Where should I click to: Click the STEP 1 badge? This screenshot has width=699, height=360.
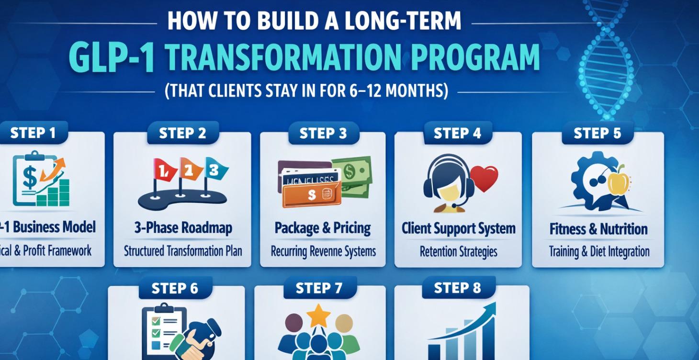[33, 133]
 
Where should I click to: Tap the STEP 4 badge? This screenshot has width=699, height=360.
[457, 133]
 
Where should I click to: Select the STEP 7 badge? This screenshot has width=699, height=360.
[319, 288]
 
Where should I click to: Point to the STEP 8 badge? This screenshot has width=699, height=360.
[457, 288]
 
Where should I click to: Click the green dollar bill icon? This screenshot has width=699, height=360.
[352, 174]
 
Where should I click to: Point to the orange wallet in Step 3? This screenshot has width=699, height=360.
[311, 193]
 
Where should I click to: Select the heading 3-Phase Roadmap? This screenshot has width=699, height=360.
[182, 228]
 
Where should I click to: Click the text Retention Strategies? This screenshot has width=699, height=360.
[458, 251]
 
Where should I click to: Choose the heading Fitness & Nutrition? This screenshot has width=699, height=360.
[598, 229]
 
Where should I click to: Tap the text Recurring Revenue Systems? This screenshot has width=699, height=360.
[323, 251]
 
